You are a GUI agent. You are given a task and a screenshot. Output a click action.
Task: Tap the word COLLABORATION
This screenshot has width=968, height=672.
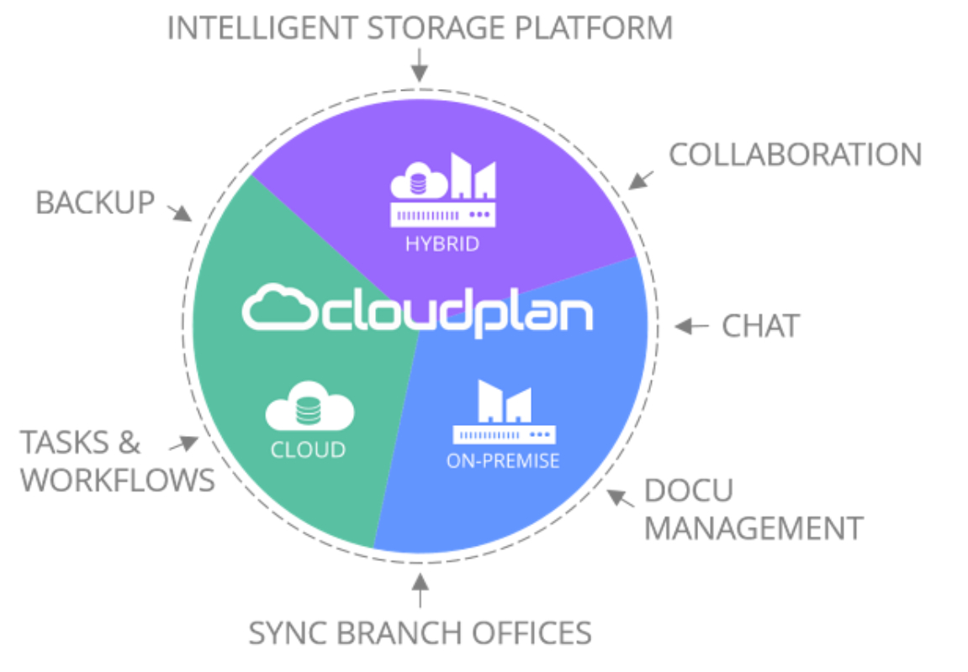click(796, 155)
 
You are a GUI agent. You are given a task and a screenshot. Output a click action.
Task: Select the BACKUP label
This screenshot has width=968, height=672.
click(95, 202)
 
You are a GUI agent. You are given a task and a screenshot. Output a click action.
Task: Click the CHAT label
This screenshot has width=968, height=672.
click(760, 326)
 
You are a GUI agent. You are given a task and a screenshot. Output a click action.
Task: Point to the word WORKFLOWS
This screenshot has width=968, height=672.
click(118, 480)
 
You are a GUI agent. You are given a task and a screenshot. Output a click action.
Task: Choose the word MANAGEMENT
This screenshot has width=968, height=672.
click(754, 528)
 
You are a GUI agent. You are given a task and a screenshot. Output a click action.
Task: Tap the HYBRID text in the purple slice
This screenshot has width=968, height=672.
click(442, 244)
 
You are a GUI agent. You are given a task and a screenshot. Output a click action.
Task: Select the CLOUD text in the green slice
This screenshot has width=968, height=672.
click(308, 450)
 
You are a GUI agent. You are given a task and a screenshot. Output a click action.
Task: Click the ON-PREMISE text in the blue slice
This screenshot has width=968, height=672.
click(503, 460)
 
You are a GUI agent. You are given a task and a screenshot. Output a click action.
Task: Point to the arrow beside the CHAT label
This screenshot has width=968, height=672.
click(691, 326)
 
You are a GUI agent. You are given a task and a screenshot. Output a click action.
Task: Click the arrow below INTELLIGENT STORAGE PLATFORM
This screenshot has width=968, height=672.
click(420, 66)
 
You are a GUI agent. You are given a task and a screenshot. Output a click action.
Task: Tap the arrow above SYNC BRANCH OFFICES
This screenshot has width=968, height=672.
click(421, 590)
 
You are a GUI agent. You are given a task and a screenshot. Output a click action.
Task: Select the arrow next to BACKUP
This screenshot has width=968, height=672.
click(180, 212)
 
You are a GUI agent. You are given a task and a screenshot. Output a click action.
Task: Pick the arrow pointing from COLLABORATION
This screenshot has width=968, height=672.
click(641, 180)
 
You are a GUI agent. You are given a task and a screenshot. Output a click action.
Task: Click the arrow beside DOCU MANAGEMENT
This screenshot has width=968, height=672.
click(621, 498)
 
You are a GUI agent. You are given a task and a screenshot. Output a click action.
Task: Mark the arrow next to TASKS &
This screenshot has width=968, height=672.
click(184, 444)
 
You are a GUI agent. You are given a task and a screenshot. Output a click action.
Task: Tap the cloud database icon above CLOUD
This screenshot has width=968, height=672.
click(309, 406)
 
